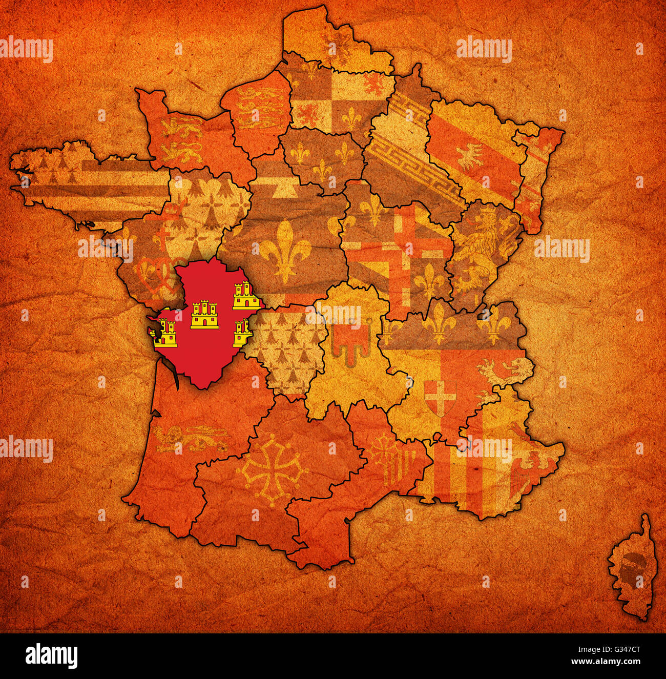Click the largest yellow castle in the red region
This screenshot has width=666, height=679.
coord(204,315)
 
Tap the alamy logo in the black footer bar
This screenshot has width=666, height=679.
coord(52,655)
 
